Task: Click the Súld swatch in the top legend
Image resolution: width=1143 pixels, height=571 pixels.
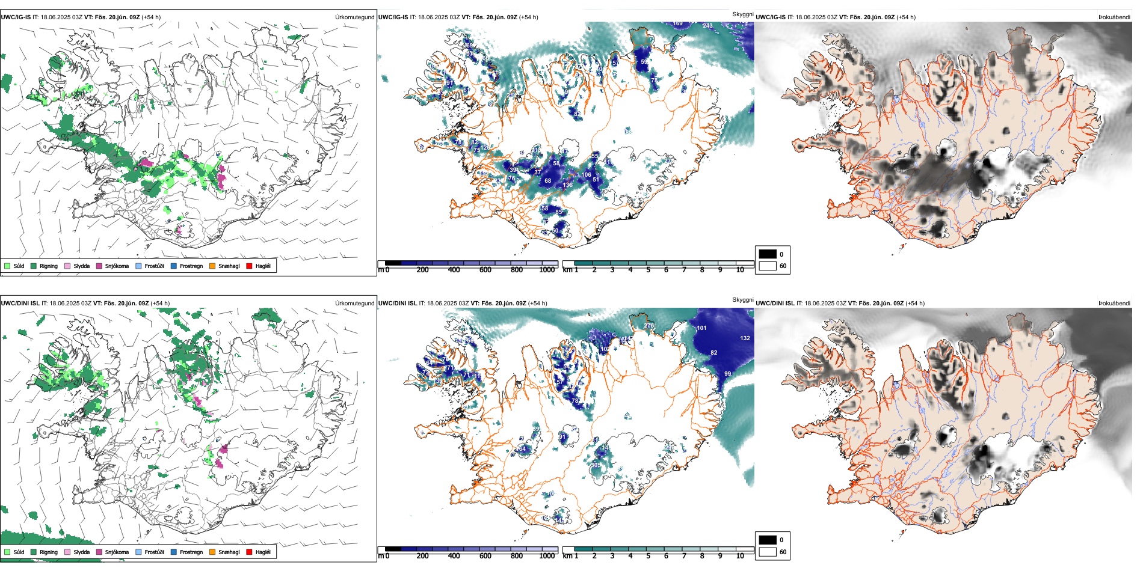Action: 7,266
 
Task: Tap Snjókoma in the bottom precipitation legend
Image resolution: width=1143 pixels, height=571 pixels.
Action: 117,552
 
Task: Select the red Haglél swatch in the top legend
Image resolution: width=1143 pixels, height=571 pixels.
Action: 249,266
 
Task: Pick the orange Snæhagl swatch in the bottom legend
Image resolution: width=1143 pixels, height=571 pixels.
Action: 212,552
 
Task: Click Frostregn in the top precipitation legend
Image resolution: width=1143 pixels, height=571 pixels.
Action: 191,266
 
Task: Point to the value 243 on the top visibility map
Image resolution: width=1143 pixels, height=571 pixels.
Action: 707,26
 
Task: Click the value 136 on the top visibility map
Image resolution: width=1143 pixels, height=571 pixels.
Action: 567,185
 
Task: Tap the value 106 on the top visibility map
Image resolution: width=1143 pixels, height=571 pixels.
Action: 586,175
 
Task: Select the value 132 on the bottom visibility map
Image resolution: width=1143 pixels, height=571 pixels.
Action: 745,338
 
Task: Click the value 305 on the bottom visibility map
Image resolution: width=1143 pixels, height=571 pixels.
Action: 596,465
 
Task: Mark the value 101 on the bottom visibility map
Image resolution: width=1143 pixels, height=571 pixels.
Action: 701,328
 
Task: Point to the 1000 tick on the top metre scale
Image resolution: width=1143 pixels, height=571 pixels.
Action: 547,270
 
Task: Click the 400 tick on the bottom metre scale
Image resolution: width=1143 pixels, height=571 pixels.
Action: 454,556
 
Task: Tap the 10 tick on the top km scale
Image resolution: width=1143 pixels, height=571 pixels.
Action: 740,270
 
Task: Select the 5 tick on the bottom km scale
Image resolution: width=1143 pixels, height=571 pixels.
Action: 648,556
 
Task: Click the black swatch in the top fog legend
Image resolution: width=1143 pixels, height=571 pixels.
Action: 768,254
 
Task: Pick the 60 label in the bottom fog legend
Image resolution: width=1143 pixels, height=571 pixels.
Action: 783,552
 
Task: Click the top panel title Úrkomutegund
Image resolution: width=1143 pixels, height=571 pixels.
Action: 354,17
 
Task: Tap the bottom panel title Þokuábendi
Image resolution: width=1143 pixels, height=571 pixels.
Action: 1114,304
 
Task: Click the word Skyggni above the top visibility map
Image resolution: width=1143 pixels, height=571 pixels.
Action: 742,14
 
